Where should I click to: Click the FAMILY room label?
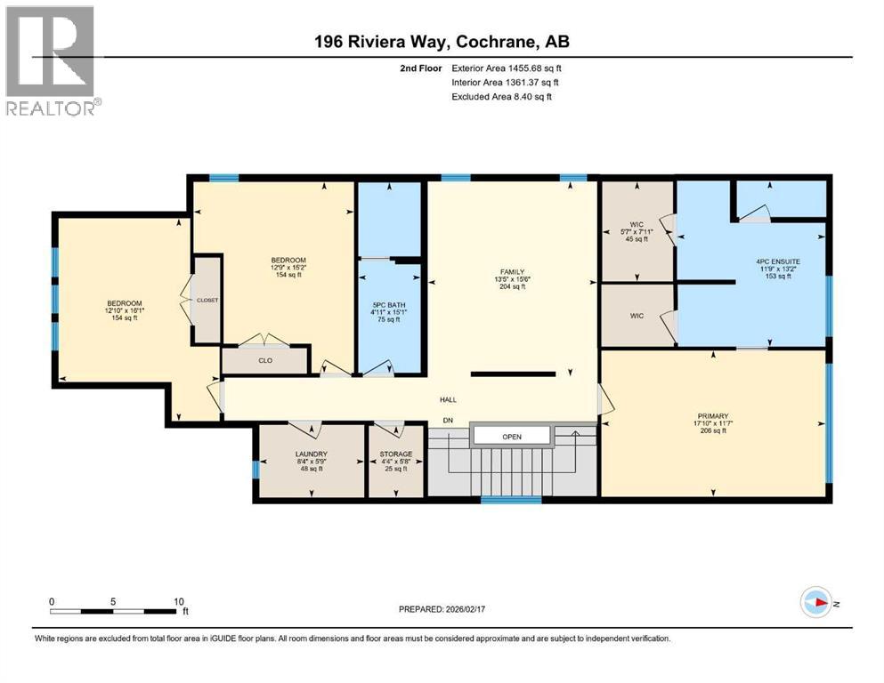[x=511, y=272]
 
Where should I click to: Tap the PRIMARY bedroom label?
[x=713, y=416]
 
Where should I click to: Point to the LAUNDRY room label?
[x=312, y=454]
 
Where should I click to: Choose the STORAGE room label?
[x=396, y=454]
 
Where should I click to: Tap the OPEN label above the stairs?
[x=511, y=437]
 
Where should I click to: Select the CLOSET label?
[x=207, y=301]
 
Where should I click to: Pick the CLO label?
[x=264, y=361]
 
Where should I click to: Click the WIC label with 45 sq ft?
[x=635, y=224]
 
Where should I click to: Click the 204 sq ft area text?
[x=511, y=287]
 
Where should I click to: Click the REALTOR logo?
[x=51, y=60]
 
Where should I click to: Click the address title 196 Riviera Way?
[x=442, y=42]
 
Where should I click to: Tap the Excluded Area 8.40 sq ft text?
[x=501, y=97]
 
